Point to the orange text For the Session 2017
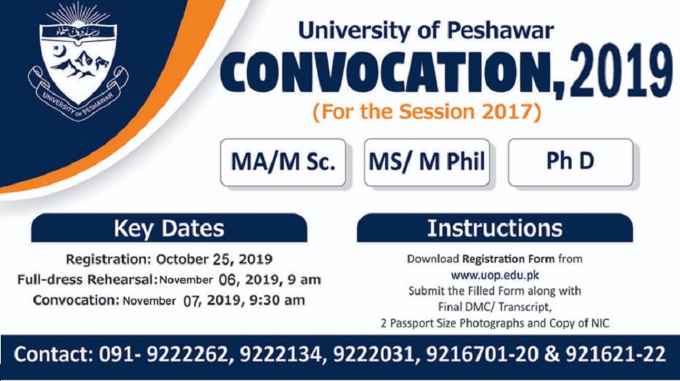[x=427, y=112]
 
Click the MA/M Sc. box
[x=283, y=163]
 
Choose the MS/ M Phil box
[x=427, y=163]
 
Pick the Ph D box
[x=571, y=163]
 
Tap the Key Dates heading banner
[x=169, y=228]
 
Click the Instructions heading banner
[x=495, y=228]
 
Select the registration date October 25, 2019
[x=214, y=259]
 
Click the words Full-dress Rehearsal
[x=86, y=280]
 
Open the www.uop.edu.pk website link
[x=495, y=275]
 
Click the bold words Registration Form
[x=508, y=259]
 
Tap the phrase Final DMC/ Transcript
[x=495, y=308]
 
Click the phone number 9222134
[x=281, y=354]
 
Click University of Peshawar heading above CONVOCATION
[x=426, y=31]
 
